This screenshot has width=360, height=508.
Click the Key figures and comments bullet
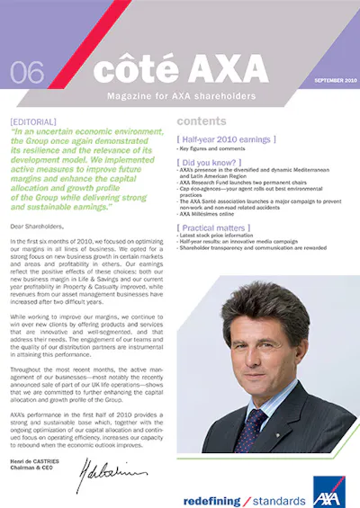215,149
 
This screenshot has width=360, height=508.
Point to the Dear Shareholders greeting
38,227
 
